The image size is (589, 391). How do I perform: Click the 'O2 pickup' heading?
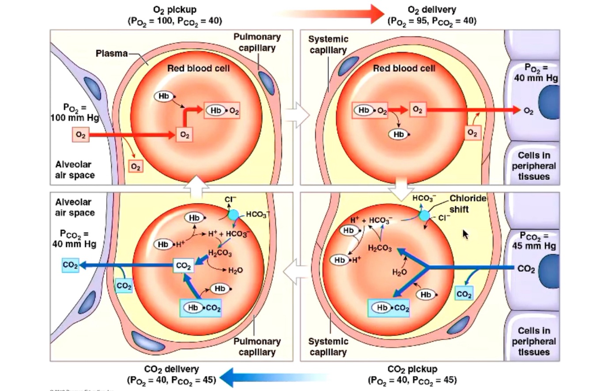(174, 10)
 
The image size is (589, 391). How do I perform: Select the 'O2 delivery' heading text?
(432, 10)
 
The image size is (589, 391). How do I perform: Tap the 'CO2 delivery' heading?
(171, 369)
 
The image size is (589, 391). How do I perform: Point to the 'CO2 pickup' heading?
(412, 369)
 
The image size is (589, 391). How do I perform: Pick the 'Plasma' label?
(111, 54)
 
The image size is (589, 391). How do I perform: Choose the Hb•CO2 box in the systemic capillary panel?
(389, 307)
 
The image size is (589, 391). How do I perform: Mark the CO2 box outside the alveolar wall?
(70, 266)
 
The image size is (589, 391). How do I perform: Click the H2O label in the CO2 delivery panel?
(236, 270)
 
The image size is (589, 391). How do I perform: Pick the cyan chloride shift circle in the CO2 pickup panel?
(424, 216)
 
